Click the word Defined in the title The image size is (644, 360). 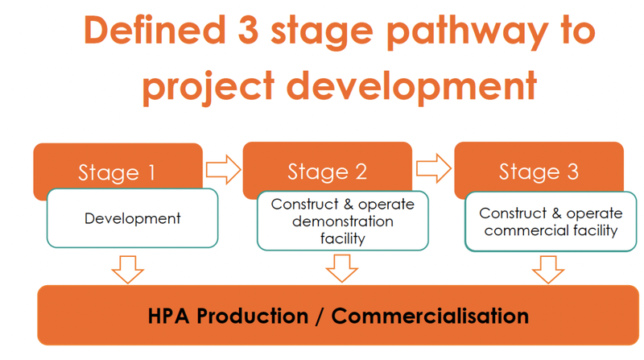(155, 30)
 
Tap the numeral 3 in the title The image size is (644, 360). (248, 30)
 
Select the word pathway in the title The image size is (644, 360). (468, 33)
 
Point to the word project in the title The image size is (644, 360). (208, 88)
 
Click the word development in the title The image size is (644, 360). (411, 88)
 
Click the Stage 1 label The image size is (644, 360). (117, 172)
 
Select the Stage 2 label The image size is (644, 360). (328, 172)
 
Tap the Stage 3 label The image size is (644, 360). (539, 172)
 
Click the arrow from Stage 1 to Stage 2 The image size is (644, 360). (223, 169)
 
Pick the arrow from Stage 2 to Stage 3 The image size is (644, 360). (434, 168)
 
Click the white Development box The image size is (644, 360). (132, 218)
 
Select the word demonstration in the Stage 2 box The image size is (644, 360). (343, 221)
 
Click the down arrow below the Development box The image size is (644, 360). (128, 270)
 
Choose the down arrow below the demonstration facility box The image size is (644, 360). (341, 268)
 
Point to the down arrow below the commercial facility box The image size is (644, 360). (548, 270)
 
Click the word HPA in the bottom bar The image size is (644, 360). (168, 316)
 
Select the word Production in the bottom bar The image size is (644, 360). (252, 316)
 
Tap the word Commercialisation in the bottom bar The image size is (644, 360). (430, 316)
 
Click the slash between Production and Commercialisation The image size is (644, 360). (320, 317)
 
